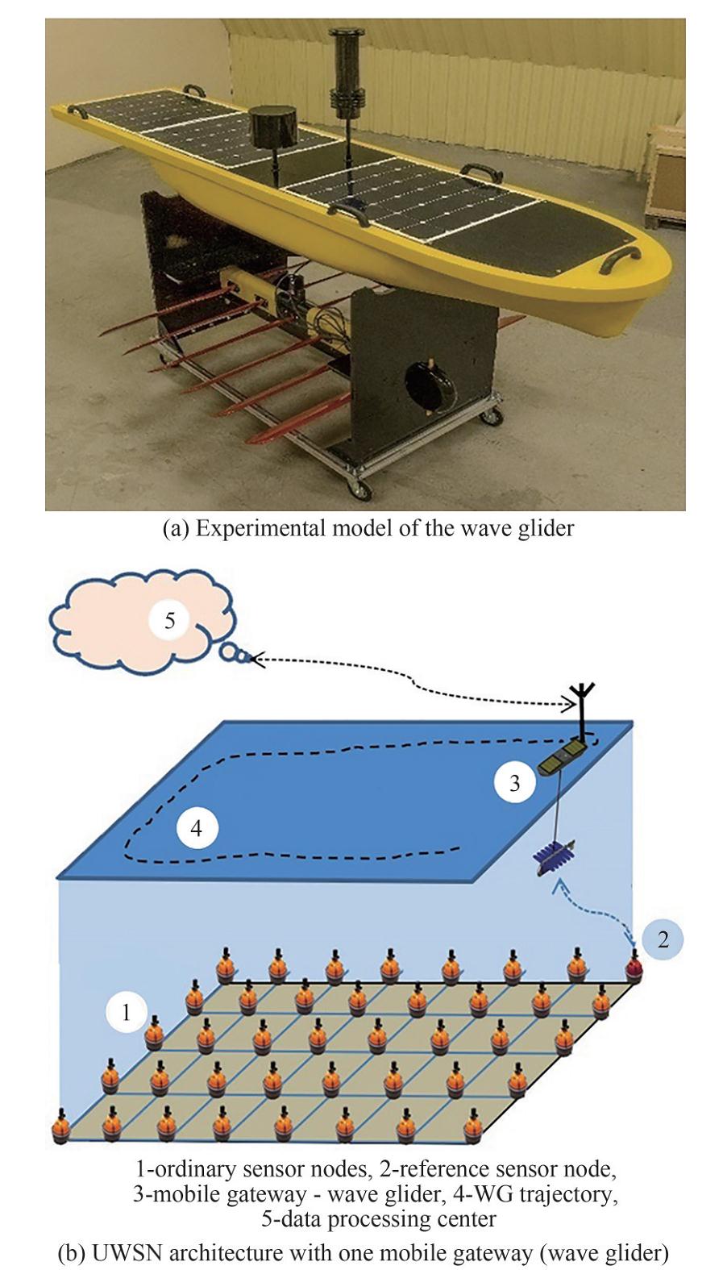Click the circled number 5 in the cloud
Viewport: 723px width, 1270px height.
point(169,621)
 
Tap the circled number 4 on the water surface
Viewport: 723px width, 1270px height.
point(197,828)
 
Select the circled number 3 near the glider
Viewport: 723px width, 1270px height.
point(515,782)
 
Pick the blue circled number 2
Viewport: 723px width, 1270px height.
point(663,939)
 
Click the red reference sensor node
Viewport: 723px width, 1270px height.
point(635,967)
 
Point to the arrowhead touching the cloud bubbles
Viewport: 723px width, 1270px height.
point(256,660)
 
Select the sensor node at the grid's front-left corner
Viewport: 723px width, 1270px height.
point(60,1127)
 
